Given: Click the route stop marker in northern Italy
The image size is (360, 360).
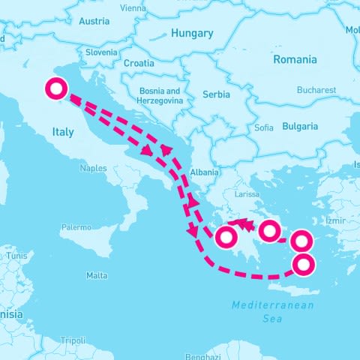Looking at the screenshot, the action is point(55,88).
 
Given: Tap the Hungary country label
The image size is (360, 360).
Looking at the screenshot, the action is point(192,33).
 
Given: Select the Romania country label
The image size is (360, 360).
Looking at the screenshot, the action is point(295,59).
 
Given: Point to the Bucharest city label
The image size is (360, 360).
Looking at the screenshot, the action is point(316,89).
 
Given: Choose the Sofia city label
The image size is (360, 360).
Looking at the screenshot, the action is point(264,127).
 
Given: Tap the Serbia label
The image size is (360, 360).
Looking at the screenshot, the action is point(217,94).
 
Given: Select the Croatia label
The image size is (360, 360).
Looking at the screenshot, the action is point(139,64).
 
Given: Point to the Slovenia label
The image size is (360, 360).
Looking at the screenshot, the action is point(101,52).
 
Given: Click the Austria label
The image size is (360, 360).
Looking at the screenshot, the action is point(94,21).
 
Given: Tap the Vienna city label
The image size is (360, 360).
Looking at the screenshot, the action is point(133,8).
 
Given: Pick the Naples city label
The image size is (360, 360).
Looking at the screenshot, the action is point(93,168).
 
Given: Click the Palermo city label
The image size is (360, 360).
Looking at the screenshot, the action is point(76,226).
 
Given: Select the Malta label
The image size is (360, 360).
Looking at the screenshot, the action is point(97,275).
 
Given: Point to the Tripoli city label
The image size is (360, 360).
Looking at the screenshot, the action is point(73,340).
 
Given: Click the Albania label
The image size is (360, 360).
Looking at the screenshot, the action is point(205,172).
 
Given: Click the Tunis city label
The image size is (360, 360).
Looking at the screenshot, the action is point(16,256).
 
